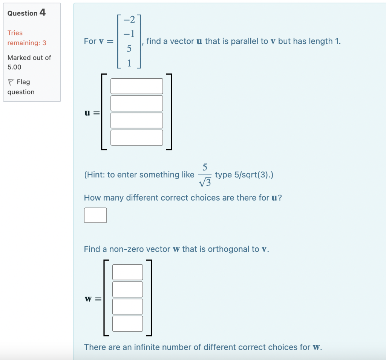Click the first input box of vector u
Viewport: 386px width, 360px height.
(x=137, y=86)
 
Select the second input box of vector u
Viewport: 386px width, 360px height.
(x=137, y=103)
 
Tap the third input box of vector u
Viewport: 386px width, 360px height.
(x=137, y=121)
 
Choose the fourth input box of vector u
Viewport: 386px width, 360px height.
(x=137, y=137)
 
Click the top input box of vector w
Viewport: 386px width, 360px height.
(x=128, y=272)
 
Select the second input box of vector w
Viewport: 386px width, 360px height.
(x=128, y=289)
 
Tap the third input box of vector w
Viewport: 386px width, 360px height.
(x=128, y=307)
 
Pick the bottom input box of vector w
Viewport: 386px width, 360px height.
(x=128, y=323)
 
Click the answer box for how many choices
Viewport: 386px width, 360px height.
(x=95, y=215)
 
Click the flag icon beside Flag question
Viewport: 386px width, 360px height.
(x=11, y=82)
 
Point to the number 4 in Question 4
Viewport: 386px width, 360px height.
(x=43, y=12)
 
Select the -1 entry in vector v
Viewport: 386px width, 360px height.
(x=129, y=34)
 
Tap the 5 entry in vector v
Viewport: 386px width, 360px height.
(x=129, y=49)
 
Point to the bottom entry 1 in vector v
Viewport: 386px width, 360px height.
(x=129, y=64)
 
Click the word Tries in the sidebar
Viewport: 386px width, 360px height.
(x=15, y=33)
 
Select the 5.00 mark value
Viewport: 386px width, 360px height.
(x=14, y=67)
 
